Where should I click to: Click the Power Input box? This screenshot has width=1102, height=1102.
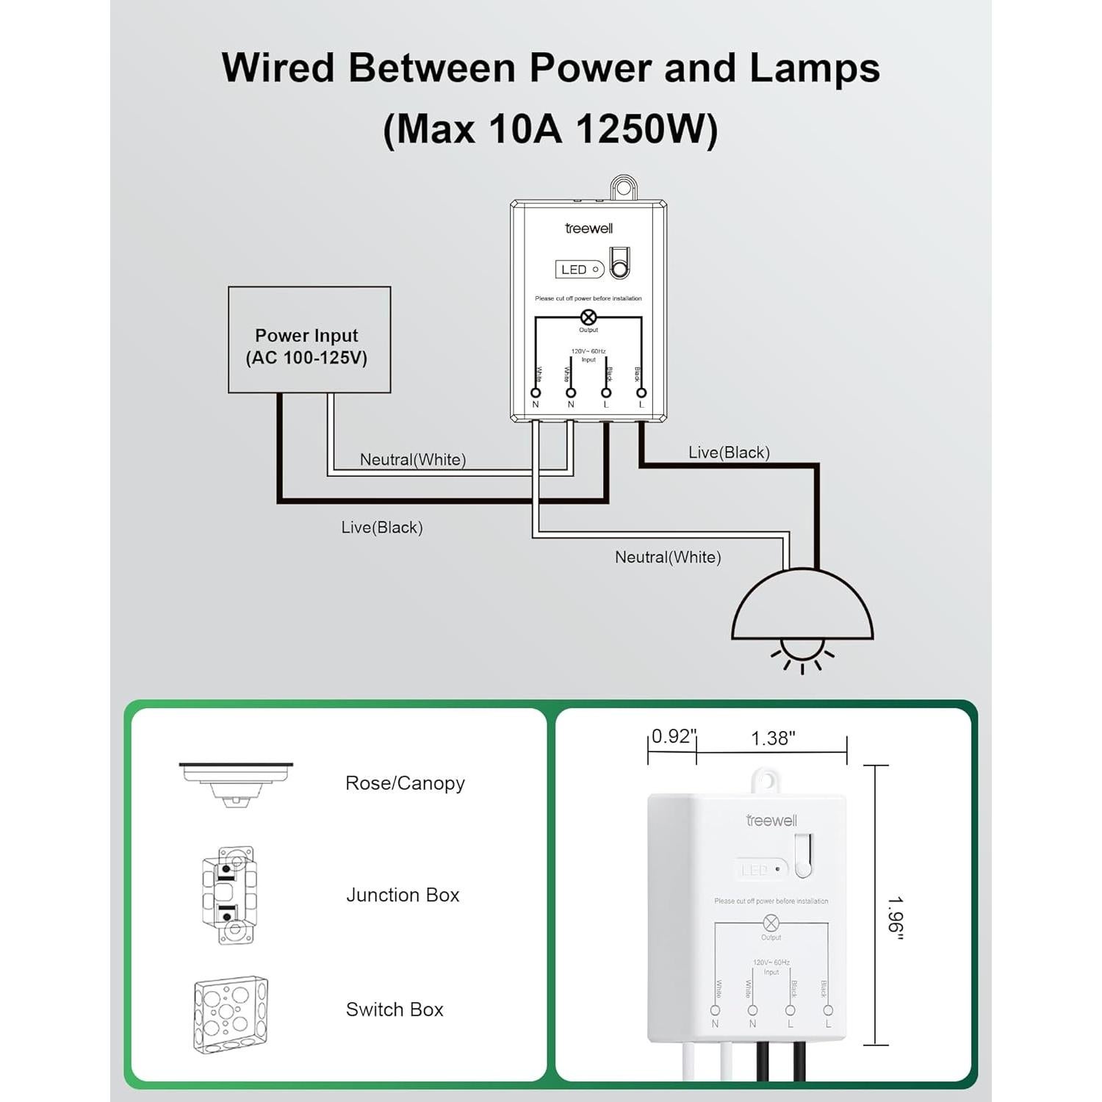(x=309, y=339)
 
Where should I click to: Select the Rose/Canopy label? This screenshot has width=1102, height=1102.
(x=405, y=783)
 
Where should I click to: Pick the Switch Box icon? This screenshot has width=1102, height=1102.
(x=231, y=1014)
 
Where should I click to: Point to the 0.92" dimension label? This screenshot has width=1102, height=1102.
(x=671, y=736)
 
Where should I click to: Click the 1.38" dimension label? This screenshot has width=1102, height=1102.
(x=773, y=738)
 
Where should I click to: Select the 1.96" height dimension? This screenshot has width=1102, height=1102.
(x=894, y=918)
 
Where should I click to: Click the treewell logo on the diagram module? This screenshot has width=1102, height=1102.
(x=588, y=228)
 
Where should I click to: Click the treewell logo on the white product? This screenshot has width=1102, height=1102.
(x=771, y=821)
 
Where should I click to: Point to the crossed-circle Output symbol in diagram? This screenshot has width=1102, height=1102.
(x=588, y=317)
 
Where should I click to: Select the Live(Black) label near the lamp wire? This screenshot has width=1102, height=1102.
(x=729, y=453)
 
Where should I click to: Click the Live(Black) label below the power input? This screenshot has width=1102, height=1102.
(x=381, y=527)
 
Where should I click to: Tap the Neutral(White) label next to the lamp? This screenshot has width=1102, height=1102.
(x=668, y=558)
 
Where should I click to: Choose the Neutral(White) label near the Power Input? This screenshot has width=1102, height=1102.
(x=413, y=460)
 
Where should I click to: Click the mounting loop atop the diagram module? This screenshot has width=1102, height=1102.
(x=623, y=188)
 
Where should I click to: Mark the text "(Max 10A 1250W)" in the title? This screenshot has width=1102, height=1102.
(x=550, y=129)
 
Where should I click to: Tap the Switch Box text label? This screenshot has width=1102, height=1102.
(x=395, y=1009)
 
